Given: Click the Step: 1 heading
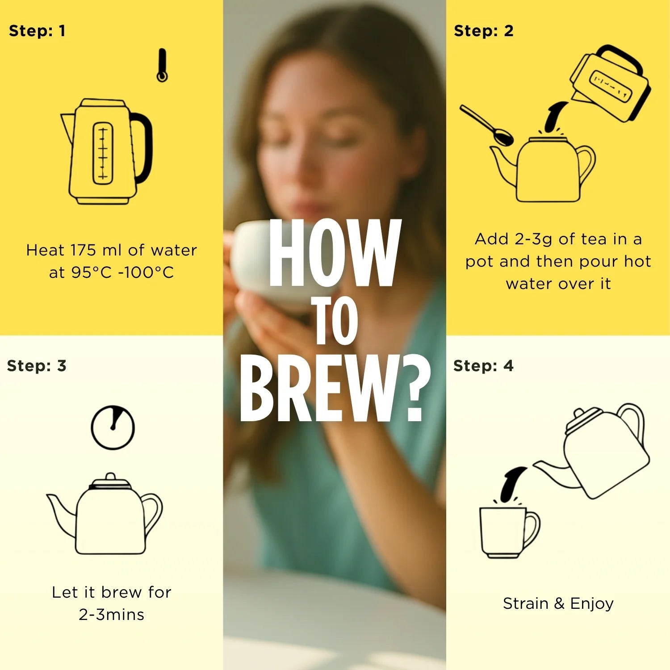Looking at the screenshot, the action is point(37,31).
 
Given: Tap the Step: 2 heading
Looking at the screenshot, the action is point(484,31).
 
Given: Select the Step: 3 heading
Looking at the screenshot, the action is point(37,366).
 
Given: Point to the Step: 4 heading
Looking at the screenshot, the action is point(483,366).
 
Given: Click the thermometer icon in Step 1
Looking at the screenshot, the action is point(162,65).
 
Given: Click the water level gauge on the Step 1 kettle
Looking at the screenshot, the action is point(103,153).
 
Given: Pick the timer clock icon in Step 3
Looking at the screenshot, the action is point(113,427).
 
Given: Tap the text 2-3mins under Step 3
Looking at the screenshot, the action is point(112,615).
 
